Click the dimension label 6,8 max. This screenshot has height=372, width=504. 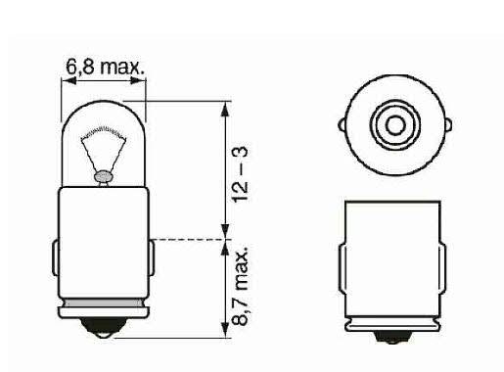point(105,67)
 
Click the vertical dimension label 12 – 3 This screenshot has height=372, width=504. point(241,174)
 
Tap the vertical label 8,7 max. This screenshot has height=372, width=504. point(241,286)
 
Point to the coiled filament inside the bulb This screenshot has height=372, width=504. point(104,132)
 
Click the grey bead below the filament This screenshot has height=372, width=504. point(103,177)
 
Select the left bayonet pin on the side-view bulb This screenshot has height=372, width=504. point(56,257)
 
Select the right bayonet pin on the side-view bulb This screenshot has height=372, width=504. point(152,257)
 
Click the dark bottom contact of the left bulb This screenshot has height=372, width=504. point(103,327)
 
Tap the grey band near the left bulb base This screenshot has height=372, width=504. point(103,302)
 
